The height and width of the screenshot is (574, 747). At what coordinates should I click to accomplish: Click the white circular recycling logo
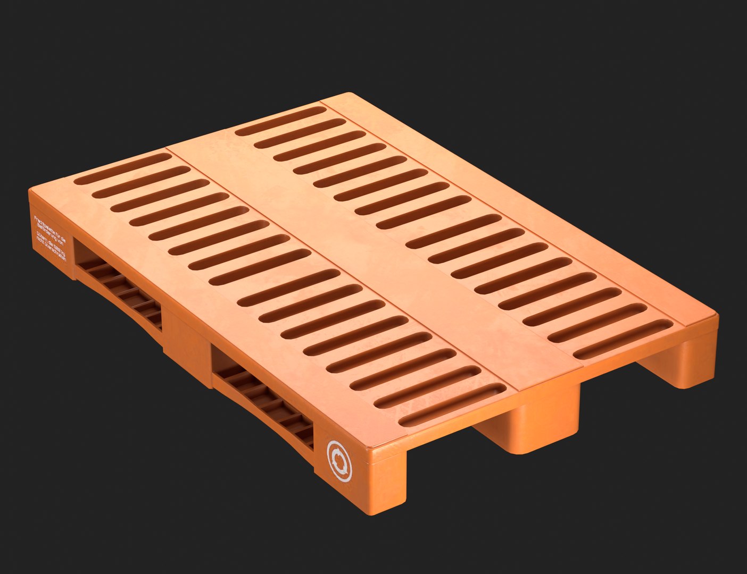(339, 460)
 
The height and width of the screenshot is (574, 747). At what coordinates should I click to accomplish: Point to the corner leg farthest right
(692, 361)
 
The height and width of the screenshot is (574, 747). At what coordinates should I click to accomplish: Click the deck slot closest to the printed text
(122, 168)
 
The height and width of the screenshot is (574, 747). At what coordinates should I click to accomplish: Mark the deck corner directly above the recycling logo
(372, 444)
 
